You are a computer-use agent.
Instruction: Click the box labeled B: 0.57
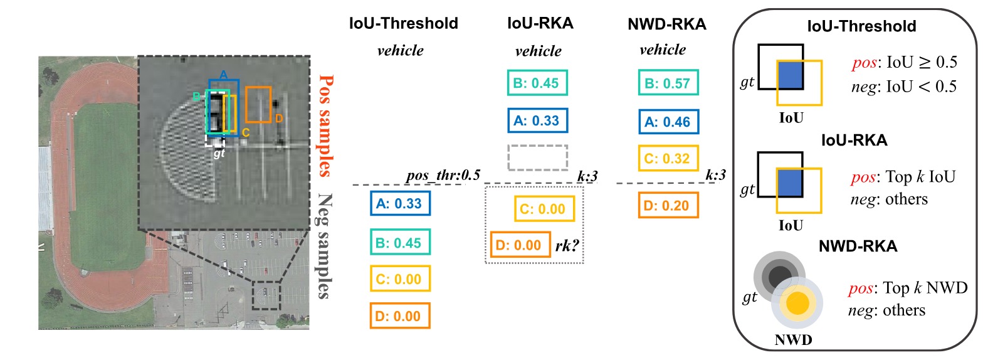(668, 83)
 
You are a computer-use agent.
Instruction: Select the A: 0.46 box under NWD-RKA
(669, 121)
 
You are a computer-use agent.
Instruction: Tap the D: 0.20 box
(668, 205)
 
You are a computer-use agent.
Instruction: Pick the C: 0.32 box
(668, 158)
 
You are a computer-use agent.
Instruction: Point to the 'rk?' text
(567, 245)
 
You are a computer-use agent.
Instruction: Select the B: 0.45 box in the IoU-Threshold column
(400, 242)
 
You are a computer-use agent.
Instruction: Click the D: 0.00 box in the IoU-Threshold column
(400, 316)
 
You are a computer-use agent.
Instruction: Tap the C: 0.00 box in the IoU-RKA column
(544, 209)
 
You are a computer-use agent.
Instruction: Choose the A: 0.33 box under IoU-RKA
(538, 120)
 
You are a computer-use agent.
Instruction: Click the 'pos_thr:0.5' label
(443, 176)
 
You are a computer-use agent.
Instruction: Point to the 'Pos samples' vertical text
(325, 126)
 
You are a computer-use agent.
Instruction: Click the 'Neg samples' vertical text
(325, 246)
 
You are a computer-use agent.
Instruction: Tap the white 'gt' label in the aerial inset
(219, 153)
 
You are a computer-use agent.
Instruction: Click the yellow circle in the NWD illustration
(797, 304)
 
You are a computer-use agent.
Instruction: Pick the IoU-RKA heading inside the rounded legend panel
(854, 140)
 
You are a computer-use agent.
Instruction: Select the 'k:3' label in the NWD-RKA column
(715, 175)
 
